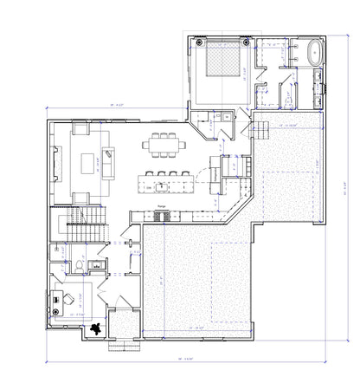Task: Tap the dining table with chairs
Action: [164, 144]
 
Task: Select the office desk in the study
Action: [58, 300]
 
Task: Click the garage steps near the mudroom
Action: [257, 131]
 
